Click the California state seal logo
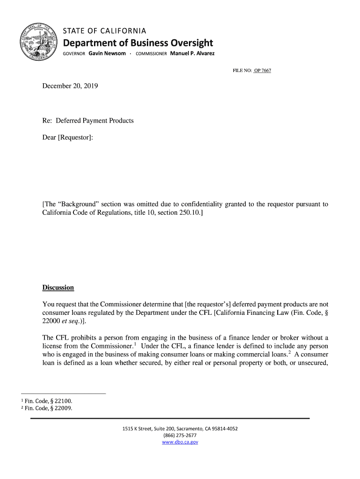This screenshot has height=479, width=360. (x=39, y=42)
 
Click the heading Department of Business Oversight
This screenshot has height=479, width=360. (x=138, y=43)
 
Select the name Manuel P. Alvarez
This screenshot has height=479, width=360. (x=192, y=53)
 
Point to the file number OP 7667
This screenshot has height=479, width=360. (x=262, y=71)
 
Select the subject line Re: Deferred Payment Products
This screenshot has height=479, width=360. (x=88, y=121)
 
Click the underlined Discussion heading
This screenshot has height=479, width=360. (x=58, y=287)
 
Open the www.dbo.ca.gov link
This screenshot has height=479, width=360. (x=180, y=442)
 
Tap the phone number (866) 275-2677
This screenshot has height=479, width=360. (x=180, y=435)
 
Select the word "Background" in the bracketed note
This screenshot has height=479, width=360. (x=78, y=204)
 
